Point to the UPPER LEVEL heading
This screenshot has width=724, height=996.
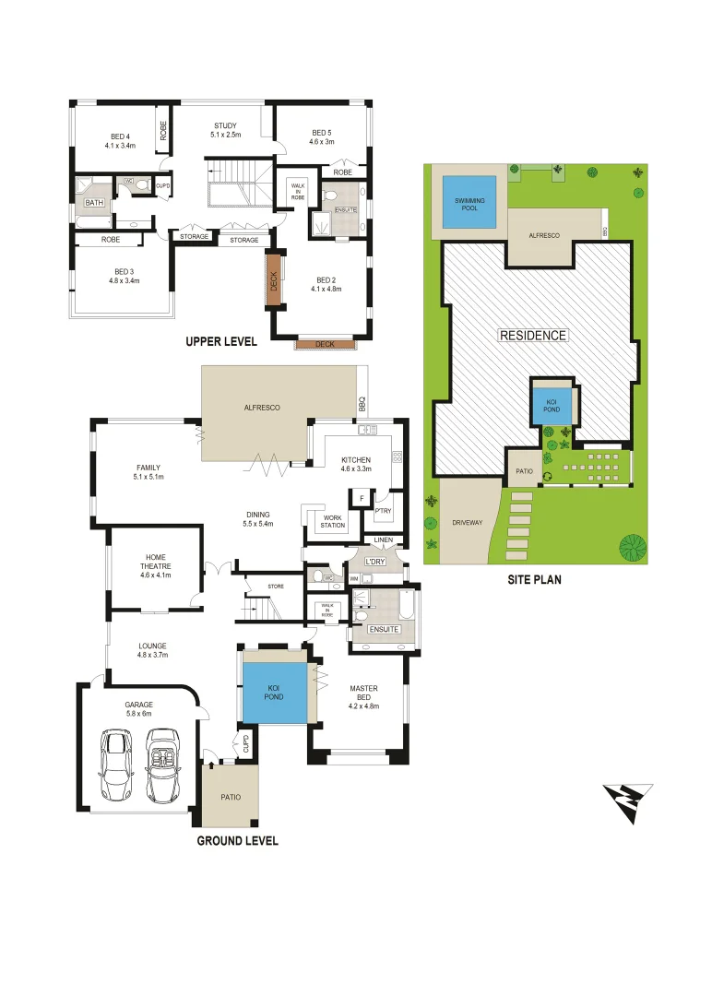pos(221,341)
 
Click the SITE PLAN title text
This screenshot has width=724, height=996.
pos(534,580)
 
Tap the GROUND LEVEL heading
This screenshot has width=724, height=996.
pos(237,841)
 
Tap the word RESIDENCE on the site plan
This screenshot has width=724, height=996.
pos(533,335)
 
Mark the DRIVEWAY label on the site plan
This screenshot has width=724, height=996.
pos(468,523)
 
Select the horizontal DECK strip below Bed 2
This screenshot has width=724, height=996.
pos(326,345)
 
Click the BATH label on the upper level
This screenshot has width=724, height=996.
pos(94,202)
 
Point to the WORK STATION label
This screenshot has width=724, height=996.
pos(333,522)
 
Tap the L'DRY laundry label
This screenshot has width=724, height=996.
pos(374,562)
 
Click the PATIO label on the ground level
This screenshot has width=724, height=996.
pos(231,797)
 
